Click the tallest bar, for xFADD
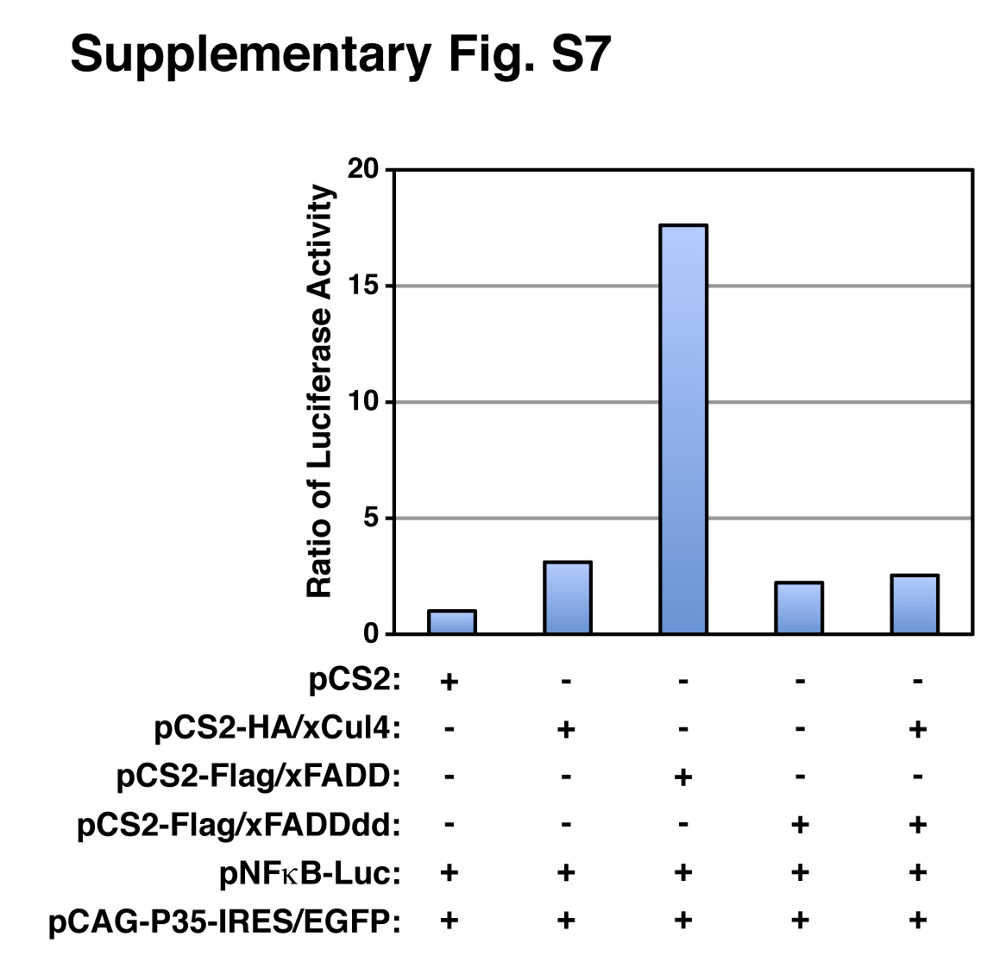click(x=682, y=429)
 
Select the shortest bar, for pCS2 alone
click(x=451, y=622)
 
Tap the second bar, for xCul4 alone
click(x=567, y=598)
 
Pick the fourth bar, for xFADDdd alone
click(x=799, y=608)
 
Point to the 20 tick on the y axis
click(x=364, y=170)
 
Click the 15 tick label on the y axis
click(x=364, y=286)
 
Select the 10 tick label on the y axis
click(x=364, y=402)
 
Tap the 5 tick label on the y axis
click(x=371, y=519)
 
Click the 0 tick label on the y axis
click(x=371, y=634)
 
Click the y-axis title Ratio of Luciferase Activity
click(x=320, y=391)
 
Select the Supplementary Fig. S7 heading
click(x=341, y=55)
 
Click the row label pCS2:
click(x=355, y=682)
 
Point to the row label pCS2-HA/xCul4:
click(x=278, y=730)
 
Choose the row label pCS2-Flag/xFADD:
click(x=259, y=777)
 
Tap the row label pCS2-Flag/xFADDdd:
click(x=239, y=826)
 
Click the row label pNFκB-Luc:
click(x=311, y=874)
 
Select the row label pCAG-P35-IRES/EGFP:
click(x=224, y=922)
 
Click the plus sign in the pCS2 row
click(x=449, y=682)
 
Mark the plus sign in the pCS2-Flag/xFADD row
click(x=682, y=777)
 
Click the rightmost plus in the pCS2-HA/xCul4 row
click(x=917, y=730)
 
